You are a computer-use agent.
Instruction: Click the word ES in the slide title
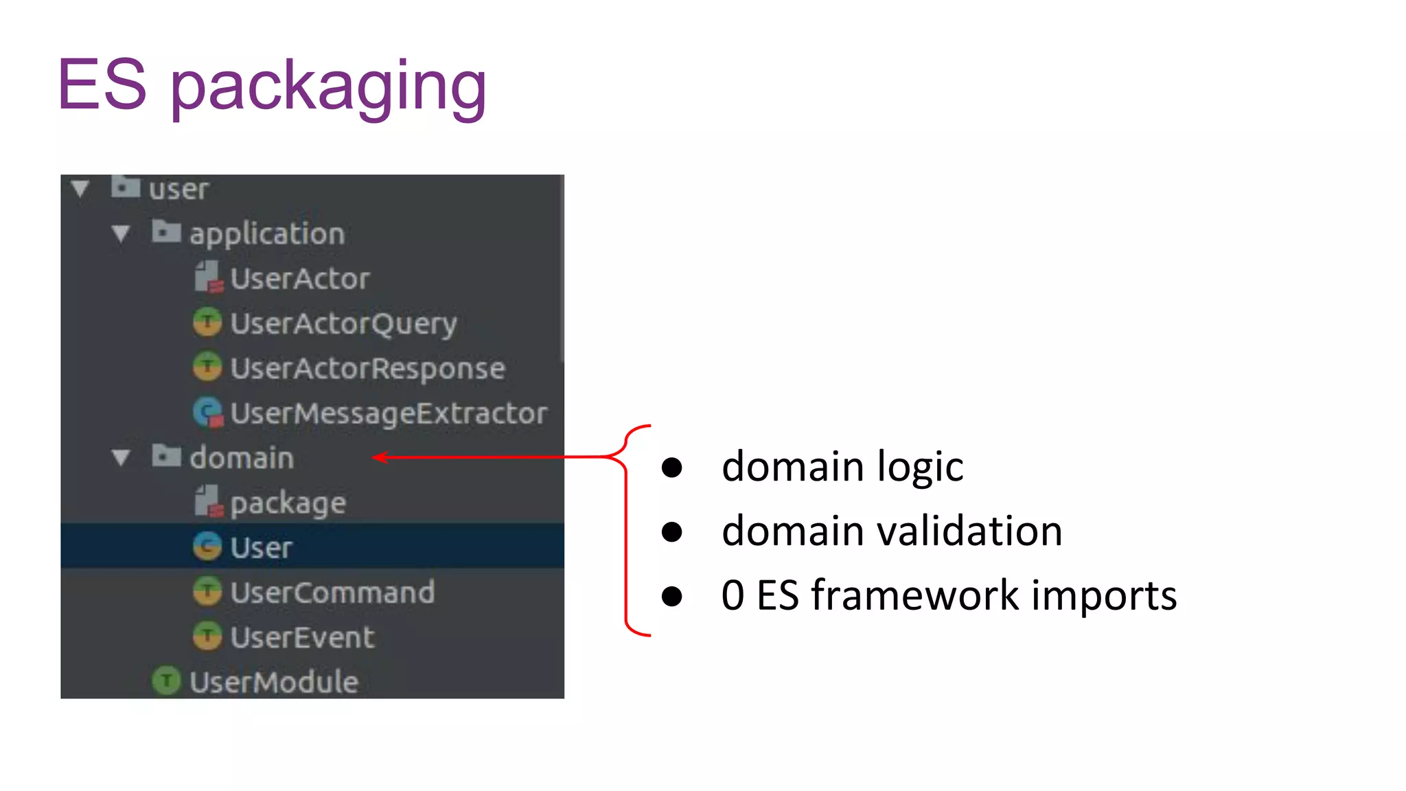click(102, 85)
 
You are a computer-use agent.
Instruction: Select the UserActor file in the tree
click(299, 279)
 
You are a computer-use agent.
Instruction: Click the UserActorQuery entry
click(343, 323)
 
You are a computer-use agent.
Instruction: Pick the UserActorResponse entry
click(367, 369)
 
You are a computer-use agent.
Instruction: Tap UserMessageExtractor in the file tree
click(388, 413)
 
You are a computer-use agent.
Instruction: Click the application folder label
click(266, 234)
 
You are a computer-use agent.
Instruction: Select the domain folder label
click(242, 458)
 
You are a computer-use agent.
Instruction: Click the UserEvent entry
click(302, 637)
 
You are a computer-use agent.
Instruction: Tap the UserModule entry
click(273, 682)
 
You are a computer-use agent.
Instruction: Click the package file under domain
click(288, 503)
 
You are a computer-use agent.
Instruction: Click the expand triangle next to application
click(121, 234)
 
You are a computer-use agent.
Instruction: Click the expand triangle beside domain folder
click(121, 458)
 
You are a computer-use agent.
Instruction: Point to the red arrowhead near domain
click(380, 457)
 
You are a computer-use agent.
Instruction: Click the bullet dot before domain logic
click(671, 468)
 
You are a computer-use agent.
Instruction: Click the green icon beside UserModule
click(166, 681)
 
